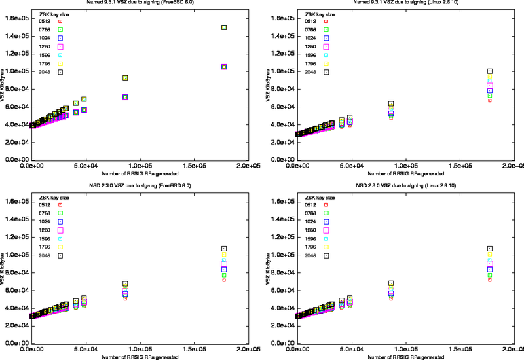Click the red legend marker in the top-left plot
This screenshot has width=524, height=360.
[x=60, y=21]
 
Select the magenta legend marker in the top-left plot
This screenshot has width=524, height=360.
[x=60, y=46]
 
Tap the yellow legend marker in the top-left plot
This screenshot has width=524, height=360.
[x=60, y=63]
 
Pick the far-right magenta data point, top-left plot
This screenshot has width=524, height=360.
[x=224, y=67]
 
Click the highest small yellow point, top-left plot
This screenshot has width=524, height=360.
[x=224, y=27]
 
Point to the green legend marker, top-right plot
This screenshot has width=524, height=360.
[x=326, y=29]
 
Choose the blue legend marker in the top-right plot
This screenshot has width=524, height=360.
[x=326, y=38]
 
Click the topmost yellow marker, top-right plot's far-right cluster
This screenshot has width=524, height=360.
[x=489, y=77]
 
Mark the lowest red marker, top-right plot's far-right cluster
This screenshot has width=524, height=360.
[x=489, y=101]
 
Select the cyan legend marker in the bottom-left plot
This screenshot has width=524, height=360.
[x=60, y=238]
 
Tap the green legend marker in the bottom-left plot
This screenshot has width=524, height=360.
[x=60, y=213]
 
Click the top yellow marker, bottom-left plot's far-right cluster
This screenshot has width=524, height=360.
[x=224, y=255]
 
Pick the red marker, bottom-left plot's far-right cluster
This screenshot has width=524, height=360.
[x=224, y=280]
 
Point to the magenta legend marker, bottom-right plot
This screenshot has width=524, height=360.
[x=326, y=230]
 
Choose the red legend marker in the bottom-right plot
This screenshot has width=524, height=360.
[x=326, y=204]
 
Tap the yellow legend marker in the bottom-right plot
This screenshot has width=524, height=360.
[x=326, y=247]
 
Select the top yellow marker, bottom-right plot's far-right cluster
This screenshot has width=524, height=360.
[x=489, y=255]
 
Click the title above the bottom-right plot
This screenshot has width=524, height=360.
[x=407, y=186]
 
